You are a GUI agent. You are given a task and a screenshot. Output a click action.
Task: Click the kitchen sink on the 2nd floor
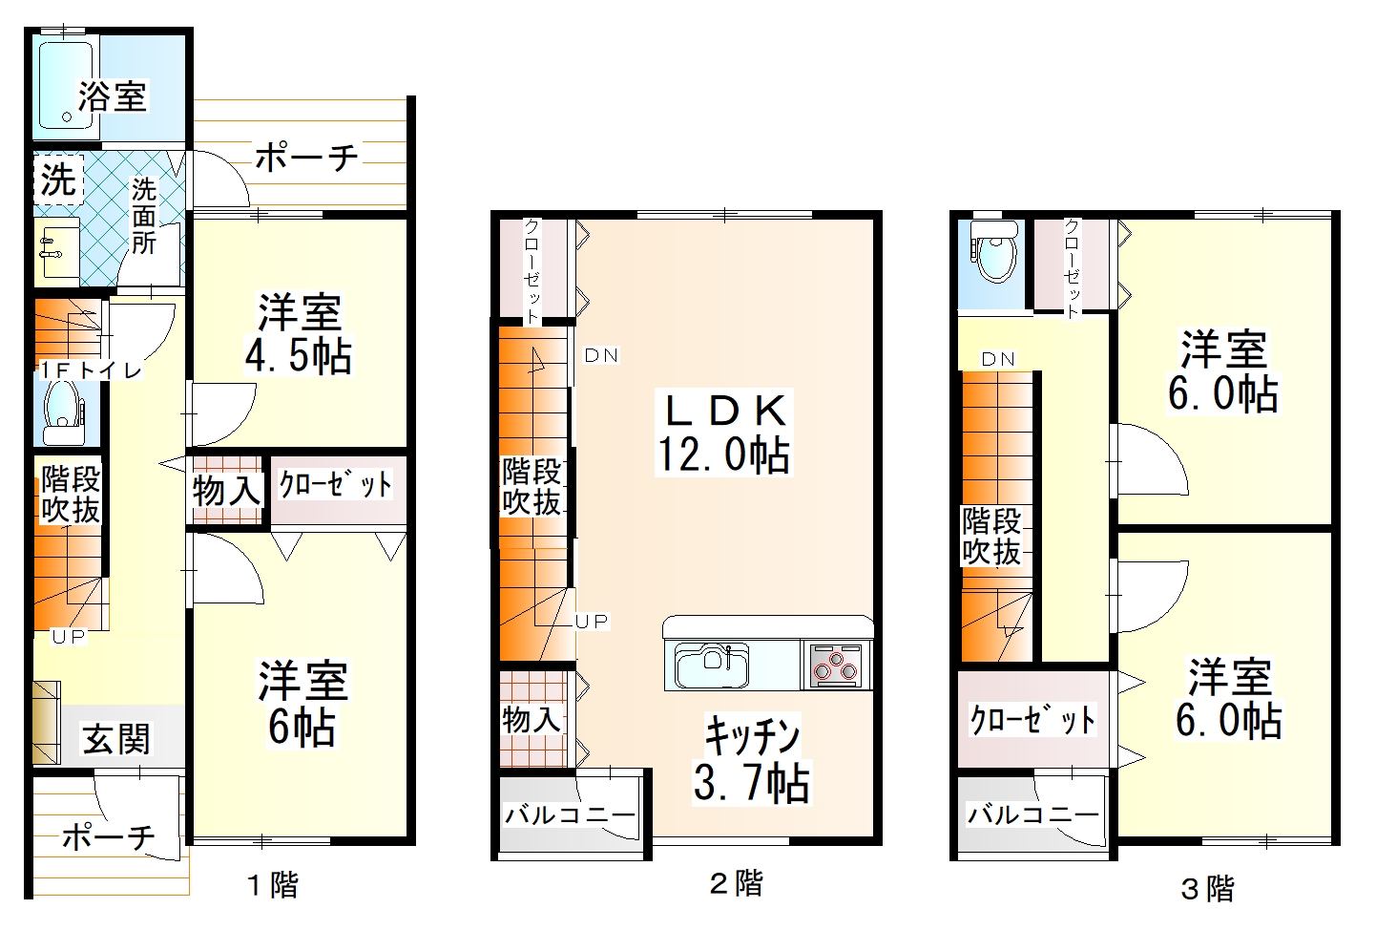711,665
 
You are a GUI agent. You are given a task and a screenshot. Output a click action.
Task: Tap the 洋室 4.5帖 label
299,334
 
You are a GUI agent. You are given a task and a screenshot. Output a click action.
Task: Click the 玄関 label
115,739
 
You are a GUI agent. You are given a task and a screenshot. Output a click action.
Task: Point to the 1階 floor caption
273,885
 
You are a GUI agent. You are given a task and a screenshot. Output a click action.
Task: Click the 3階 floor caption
1208,889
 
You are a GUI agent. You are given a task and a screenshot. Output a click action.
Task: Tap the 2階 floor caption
736,883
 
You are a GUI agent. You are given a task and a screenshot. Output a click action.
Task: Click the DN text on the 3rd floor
998,360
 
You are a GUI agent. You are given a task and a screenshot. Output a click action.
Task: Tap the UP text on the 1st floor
69,636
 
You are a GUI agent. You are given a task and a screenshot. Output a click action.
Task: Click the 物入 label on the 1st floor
227,491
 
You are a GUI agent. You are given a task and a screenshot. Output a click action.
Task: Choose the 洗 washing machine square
58,179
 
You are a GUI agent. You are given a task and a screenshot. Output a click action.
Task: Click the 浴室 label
113,96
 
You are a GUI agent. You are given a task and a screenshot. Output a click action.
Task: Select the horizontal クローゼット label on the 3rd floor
1033,719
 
